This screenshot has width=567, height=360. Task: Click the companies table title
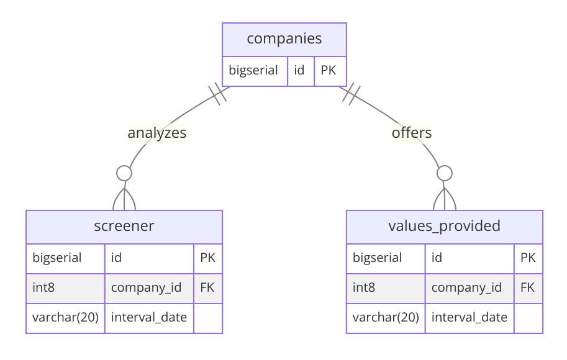(284, 38)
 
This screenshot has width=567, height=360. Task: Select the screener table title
(124, 226)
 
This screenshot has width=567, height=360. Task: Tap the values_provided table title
(444, 226)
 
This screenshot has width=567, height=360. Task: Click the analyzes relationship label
(157, 133)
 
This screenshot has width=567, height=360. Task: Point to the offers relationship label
(412, 133)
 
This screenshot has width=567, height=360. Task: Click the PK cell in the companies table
(328, 70)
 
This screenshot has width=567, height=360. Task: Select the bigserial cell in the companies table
(253, 70)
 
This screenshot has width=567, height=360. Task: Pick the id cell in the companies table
(299, 70)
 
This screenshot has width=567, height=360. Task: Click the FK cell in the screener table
(207, 287)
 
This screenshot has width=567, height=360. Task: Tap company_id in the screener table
(147, 287)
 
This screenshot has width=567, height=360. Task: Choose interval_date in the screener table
(149, 317)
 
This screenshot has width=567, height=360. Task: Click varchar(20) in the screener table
(65, 317)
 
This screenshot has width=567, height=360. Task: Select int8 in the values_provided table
(364, 287)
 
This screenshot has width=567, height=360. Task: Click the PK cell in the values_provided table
(528, 258)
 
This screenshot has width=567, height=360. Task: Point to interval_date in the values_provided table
(469, 317)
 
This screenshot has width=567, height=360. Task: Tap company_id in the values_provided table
(467, 287)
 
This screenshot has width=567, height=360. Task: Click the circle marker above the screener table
(124, 173)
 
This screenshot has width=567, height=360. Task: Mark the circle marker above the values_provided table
(444, 173)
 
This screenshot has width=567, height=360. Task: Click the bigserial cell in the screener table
(57, 258)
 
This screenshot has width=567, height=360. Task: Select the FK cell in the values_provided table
(528, 287)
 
